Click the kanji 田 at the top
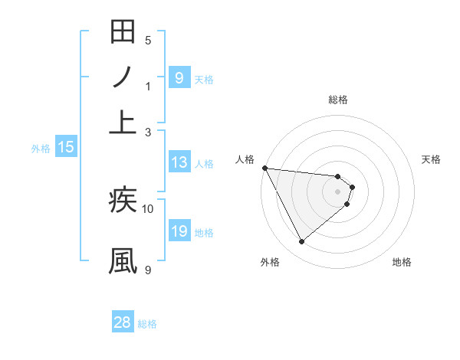[x=123, y=33]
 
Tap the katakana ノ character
[x=123, y=77]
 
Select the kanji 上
[x=123, y=121]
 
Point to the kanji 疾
[x=123, y=201]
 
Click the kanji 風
[x=123, y=260]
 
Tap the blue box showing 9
[x=179, y=77]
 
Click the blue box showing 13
[x=179, y=162]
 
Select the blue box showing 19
[x=179, y=231]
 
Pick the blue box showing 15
[x=65, y=148]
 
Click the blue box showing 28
[x=123, y=322]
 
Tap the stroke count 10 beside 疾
[x=148, y=208]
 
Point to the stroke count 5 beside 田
[x=148, y=40]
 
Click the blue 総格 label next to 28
[x=147, y=324]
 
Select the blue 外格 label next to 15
[x=41, y=149]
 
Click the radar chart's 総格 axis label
[x=338, y=100]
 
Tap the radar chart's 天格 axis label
[x=432, y=159]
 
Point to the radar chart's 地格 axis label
[x=402, y=262]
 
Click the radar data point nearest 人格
[x=264, y=168]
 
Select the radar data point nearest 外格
[x=301, y=241]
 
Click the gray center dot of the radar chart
[x=338, y=191]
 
